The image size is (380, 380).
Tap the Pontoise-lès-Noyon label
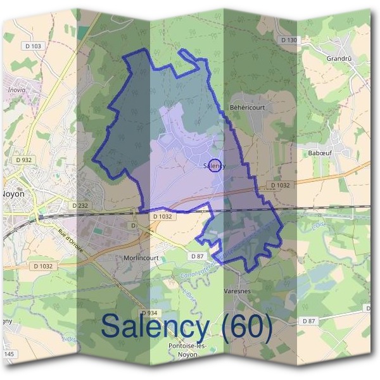tap(174, 350)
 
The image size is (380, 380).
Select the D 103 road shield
tap(35, 46)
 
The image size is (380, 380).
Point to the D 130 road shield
tap(288, 41)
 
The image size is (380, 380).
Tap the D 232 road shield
tap(80, 205)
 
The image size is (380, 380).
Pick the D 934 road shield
tap(149, 313)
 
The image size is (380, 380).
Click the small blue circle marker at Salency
tap(215, 165)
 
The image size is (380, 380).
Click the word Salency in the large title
tap(155, 327)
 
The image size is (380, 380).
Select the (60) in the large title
tap(244, 327)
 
